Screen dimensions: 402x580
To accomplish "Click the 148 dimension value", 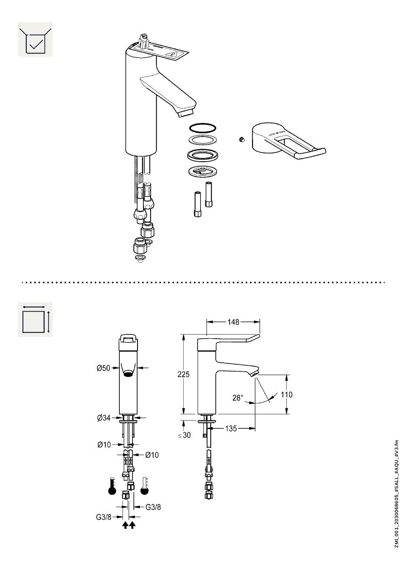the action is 233,322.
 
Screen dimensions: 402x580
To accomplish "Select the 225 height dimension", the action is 183,374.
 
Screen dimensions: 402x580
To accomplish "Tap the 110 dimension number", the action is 286,395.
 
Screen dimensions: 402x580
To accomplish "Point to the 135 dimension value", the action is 231,428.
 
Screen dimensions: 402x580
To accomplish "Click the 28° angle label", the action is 238,398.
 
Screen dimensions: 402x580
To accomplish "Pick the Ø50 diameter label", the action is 103,368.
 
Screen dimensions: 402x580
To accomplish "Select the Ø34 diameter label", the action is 104,418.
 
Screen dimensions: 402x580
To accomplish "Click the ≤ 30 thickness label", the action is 184,435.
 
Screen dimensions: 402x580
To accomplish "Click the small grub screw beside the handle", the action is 241,140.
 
